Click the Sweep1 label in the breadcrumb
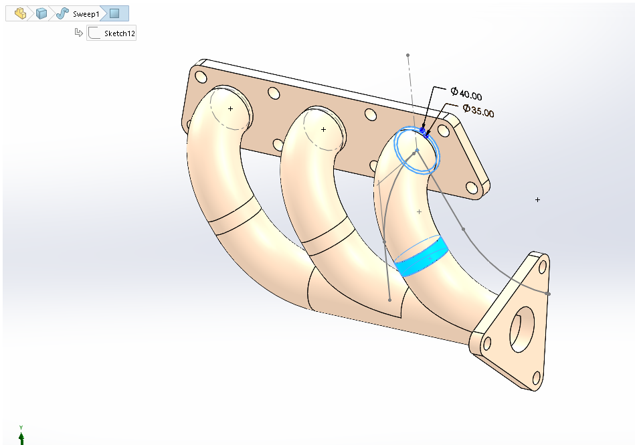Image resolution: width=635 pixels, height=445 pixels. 86,13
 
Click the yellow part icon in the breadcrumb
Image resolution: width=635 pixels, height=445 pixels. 21,13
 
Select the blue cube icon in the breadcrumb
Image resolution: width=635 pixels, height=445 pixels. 41,13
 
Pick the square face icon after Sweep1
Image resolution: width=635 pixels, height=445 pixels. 115,13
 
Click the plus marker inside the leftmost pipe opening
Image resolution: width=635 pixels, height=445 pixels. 230,108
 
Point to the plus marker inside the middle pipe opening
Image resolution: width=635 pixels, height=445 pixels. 323,129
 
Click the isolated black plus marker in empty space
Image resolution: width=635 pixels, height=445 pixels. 537,199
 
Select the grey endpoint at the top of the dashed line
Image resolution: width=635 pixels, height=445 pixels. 407,55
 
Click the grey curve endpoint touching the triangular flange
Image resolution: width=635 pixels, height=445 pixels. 548,294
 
